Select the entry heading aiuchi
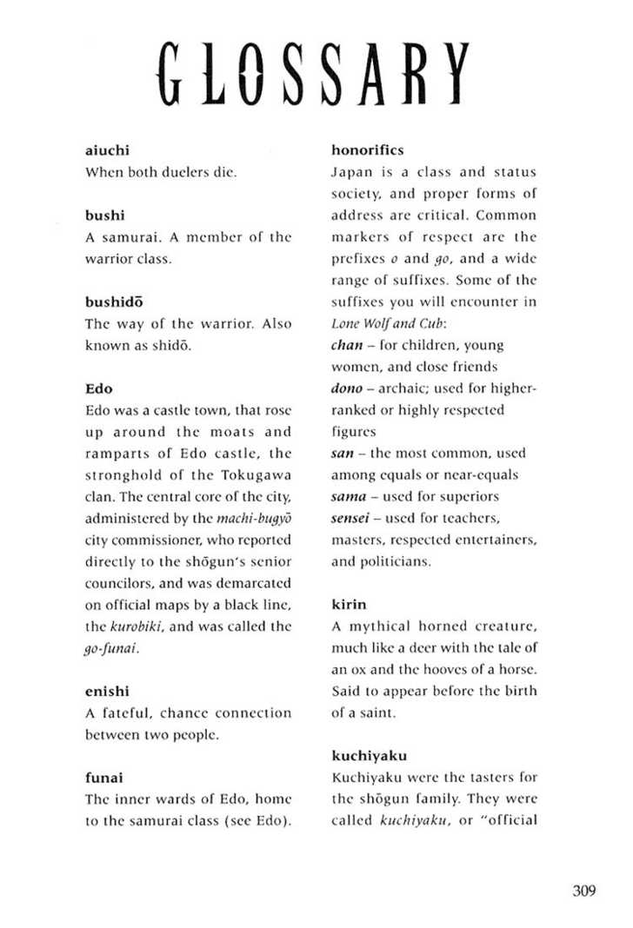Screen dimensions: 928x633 tap(107, 150)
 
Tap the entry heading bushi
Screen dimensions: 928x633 tap(103, 215)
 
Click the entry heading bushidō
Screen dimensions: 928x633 tap(113, 302)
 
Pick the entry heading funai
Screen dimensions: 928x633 tap(103, 777)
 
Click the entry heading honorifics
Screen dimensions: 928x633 tap(368, 150)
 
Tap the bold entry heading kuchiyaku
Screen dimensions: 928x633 tap(369, 755)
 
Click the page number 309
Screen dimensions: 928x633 tap(584, 891)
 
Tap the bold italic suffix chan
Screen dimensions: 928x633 tap(347, 344)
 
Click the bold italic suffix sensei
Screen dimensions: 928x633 tap(352, 518)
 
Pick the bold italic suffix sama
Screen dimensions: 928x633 tap(350, 496)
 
